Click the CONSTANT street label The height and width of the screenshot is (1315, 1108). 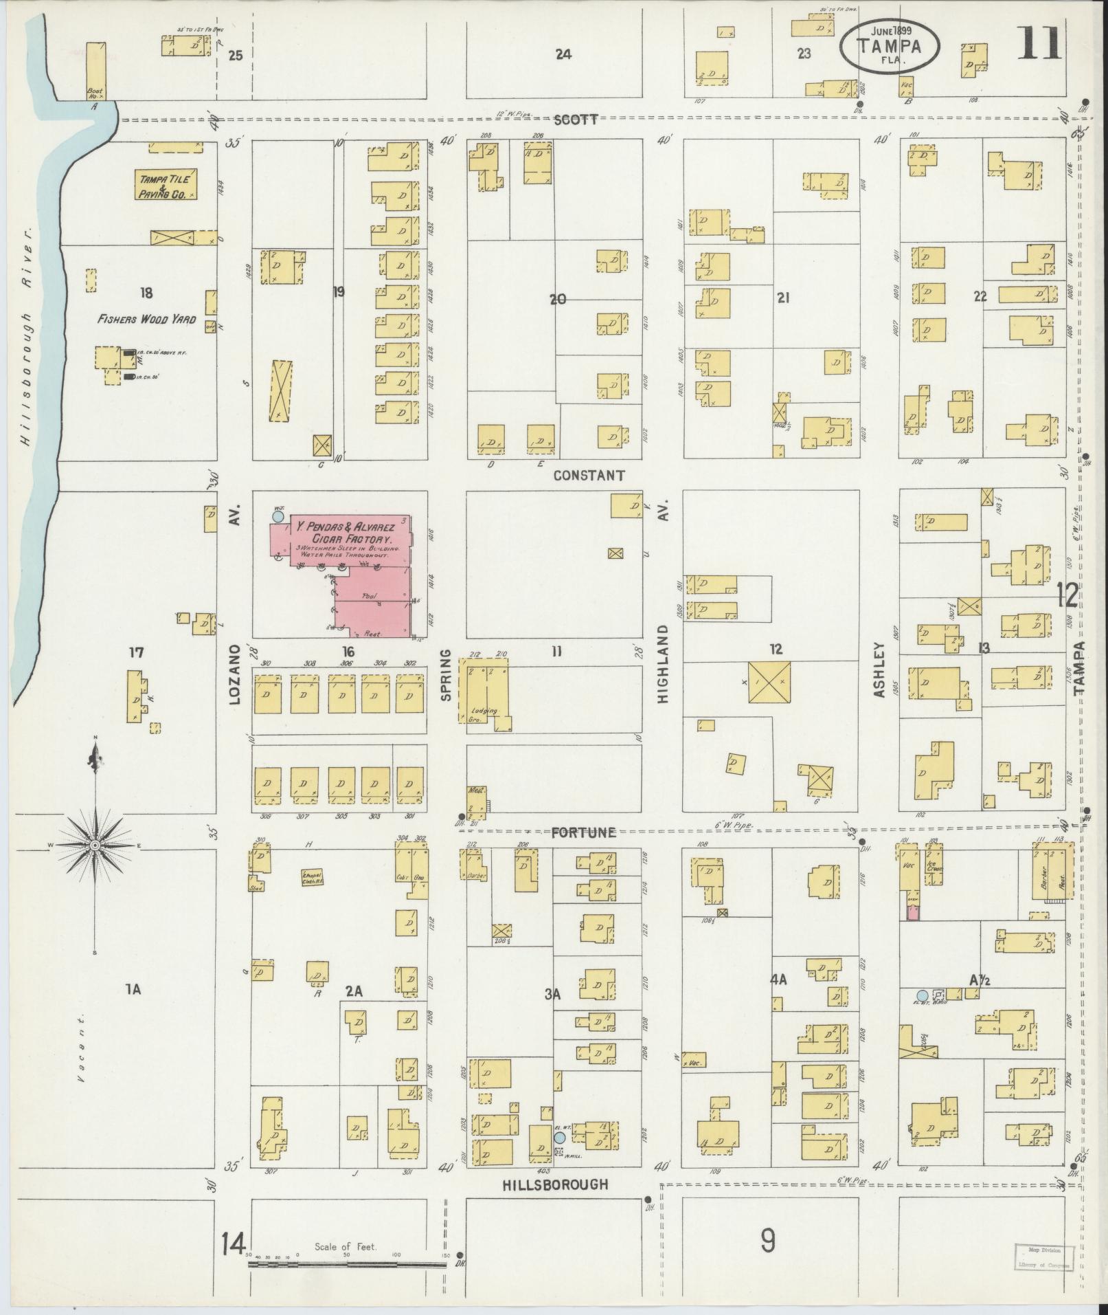[x=589, y=475]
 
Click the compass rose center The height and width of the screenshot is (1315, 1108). [x=95, y=845]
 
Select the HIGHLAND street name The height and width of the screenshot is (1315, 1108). [x=663, y=663]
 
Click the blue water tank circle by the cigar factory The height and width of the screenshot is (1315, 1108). [x=278, y=516]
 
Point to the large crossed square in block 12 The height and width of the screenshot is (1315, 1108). [x=769, y=682]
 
